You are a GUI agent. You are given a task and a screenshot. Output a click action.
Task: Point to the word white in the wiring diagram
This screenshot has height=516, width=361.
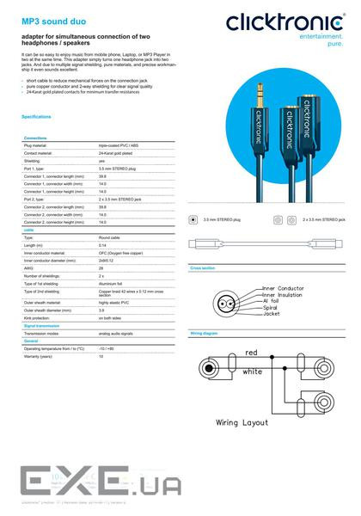click(253, 371)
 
